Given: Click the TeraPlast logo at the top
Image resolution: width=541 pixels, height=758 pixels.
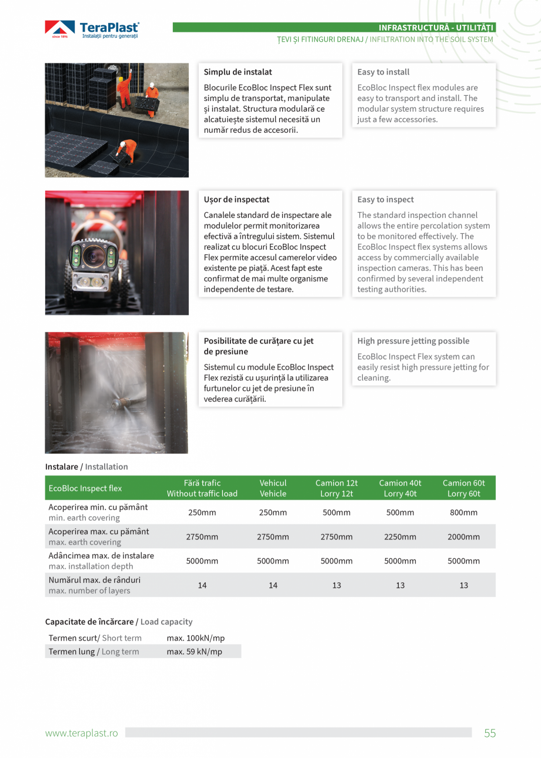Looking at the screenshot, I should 92,30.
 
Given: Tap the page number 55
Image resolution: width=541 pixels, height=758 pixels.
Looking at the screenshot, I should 490,733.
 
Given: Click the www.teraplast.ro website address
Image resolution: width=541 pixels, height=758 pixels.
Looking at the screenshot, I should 82,733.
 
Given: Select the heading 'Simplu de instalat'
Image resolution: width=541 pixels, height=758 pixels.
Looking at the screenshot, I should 238,72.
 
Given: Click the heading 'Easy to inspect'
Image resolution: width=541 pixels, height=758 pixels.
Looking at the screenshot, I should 385,200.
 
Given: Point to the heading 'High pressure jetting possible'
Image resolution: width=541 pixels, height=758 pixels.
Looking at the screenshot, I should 413,341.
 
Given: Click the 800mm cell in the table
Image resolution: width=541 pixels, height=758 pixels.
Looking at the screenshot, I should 463,512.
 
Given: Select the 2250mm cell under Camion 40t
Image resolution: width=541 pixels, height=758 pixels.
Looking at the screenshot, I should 400,536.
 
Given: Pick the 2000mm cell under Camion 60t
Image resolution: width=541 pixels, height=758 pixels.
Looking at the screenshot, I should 463,536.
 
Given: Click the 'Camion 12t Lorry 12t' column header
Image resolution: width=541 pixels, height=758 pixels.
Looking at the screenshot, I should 336,488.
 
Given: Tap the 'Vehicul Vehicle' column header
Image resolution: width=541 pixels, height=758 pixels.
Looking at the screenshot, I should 273,488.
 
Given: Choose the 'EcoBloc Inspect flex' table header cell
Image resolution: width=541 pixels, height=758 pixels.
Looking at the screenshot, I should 85,488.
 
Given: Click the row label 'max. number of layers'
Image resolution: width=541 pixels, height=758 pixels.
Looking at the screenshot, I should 89,591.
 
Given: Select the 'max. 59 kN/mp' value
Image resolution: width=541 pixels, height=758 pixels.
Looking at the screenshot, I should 195,652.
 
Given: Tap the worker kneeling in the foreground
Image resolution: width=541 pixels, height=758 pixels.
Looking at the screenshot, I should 126,152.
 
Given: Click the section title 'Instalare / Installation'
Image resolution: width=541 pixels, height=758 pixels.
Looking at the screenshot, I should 86,467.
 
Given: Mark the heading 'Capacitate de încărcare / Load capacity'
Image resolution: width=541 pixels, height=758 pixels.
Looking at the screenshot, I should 119,622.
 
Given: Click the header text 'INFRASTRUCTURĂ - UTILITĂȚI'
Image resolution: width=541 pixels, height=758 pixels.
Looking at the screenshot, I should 436,28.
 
